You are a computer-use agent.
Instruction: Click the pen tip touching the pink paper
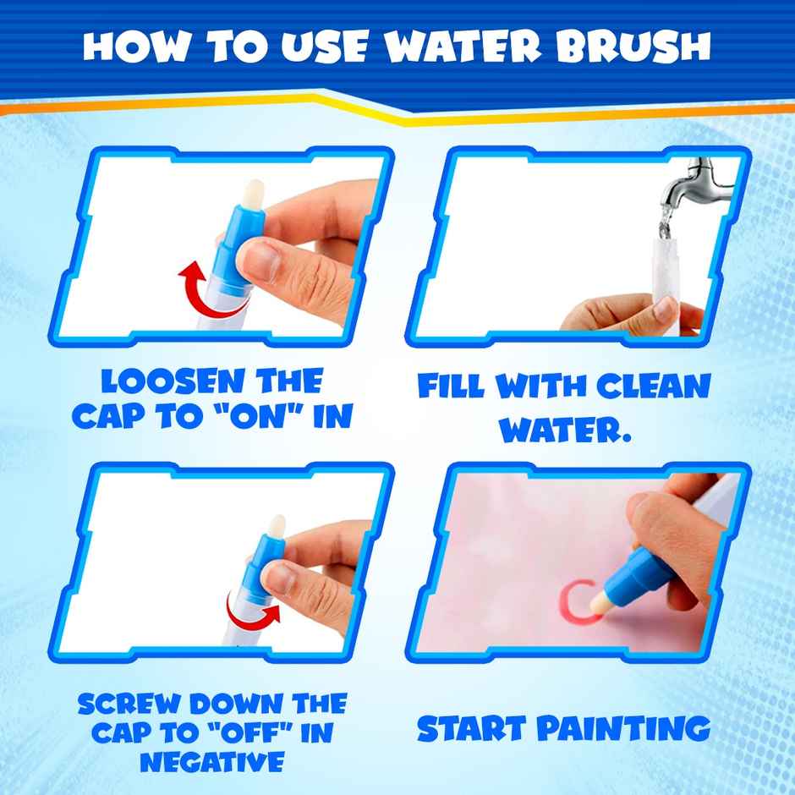pos(609,601)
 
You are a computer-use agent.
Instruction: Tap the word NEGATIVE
pos(211,762)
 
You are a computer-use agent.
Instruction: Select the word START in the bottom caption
pos(474,727)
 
